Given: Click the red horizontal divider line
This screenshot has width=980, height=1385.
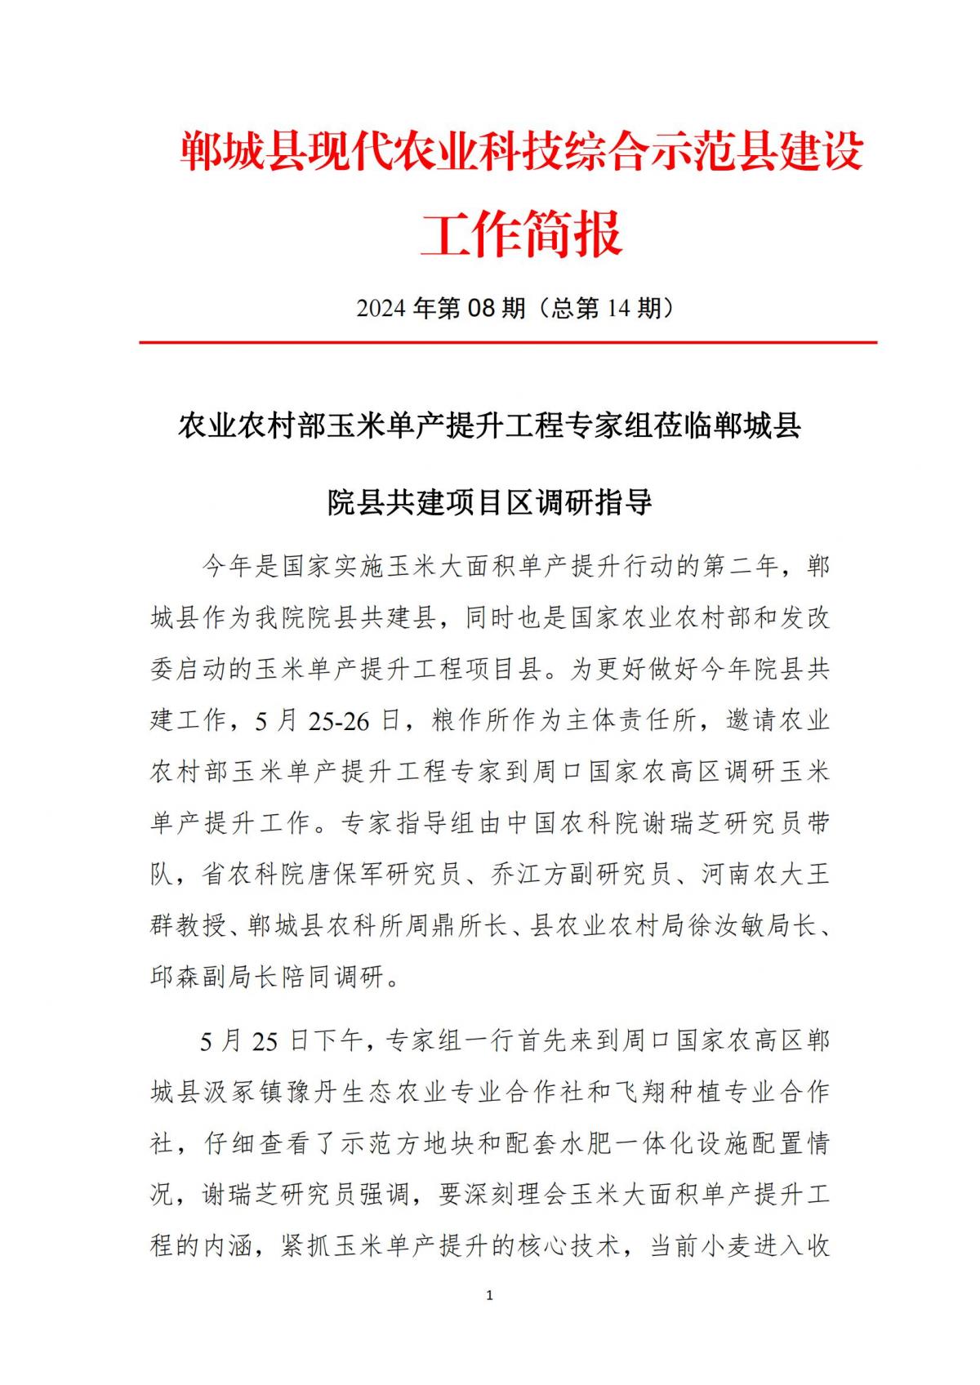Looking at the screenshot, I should point(507,342).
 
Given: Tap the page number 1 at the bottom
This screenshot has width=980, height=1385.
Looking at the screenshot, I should point(489,1295).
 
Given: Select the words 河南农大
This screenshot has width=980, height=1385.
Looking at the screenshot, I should point(752,875).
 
